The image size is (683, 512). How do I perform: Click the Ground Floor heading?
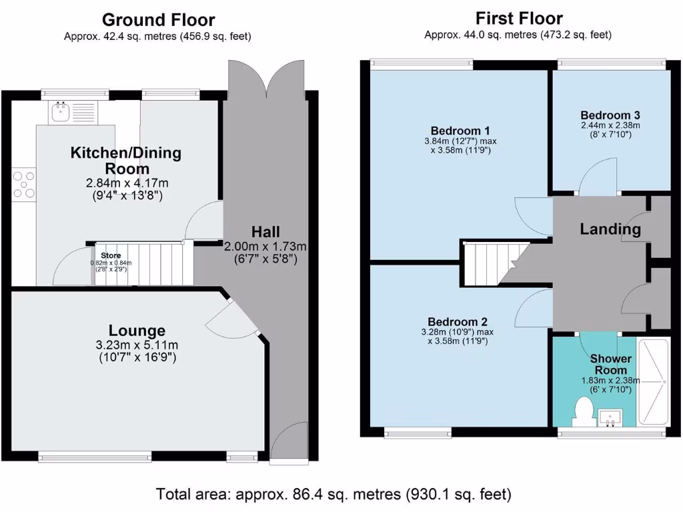point(157,20)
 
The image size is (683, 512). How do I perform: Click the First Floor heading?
point(519,18)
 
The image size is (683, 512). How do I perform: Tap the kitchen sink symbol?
point(64,111)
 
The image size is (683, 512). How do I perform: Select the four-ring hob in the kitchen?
point(25,185)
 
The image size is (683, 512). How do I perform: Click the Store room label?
point(112,255)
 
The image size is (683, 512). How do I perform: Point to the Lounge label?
point(137,331)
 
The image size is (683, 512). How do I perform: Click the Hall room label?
point(265,232)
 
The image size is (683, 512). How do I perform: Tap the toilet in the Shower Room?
point(584,410)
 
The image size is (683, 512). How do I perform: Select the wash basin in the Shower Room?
point(611,418)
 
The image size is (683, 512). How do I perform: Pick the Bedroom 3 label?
point(610,114)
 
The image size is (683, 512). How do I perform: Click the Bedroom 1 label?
point(461,130)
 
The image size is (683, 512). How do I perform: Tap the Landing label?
point(610,229)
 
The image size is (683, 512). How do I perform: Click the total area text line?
point(333,495)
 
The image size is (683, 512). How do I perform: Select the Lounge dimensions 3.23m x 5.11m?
point(137,345)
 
